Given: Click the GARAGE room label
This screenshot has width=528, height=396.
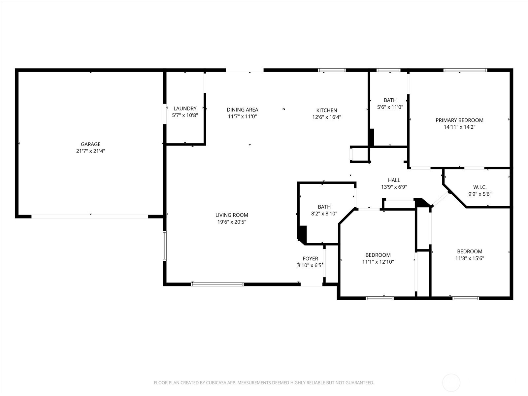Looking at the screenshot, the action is pos(90,144).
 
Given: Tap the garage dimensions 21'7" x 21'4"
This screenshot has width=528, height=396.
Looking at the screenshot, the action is pos(91,151).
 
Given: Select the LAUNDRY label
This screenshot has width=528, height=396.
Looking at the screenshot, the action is pos(185,109).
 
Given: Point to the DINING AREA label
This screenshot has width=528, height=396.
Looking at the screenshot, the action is pos(243,110).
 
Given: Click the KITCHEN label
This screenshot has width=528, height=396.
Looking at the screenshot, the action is pos(327,110).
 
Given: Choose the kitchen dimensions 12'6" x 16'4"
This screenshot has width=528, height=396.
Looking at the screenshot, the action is pos(327,117).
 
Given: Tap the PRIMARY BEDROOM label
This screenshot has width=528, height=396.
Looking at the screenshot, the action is pos(459,120).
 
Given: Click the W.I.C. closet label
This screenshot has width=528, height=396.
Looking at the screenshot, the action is pos(480,187).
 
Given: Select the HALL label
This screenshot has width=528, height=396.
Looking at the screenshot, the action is pos(394,180).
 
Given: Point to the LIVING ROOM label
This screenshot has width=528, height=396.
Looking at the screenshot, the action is pos(232,215).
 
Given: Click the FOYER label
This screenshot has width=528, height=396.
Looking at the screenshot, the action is pos(310,258).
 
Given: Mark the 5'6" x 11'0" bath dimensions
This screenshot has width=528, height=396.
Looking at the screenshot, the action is pos(390,107).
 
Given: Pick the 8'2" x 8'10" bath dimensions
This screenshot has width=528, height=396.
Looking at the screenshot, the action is pos(324,214).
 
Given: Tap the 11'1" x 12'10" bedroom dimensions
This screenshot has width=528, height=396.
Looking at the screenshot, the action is pos(378,262).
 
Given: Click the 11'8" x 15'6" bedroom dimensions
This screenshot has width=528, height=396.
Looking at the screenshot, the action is pos(470,258).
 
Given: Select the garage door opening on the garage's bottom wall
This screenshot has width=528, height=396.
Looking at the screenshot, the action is pos(90,216).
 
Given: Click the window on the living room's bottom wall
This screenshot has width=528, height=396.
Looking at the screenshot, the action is pos(217,284).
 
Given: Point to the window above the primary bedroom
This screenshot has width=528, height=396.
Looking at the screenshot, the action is pos(465,70).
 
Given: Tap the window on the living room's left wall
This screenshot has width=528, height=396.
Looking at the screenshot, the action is pos(165,246).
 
